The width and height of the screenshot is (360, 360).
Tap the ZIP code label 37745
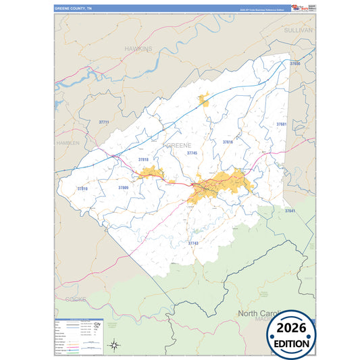point(192,153)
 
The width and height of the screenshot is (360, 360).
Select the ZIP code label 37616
point(228,142)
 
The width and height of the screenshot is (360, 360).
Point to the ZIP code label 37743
point(193,242)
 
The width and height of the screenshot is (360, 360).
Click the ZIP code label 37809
point(123,187)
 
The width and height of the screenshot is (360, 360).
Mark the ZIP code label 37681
point(282,124)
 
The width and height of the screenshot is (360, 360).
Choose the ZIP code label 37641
point(290,211)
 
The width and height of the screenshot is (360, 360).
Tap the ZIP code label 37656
point(294,63)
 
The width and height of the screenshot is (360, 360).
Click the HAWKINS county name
point(138,49)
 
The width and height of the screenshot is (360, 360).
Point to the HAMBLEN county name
point(68,143)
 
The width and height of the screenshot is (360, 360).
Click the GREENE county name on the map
point(178,145)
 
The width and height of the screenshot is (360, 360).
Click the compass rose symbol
point(115,346)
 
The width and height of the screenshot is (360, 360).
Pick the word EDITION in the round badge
point(292,344)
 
